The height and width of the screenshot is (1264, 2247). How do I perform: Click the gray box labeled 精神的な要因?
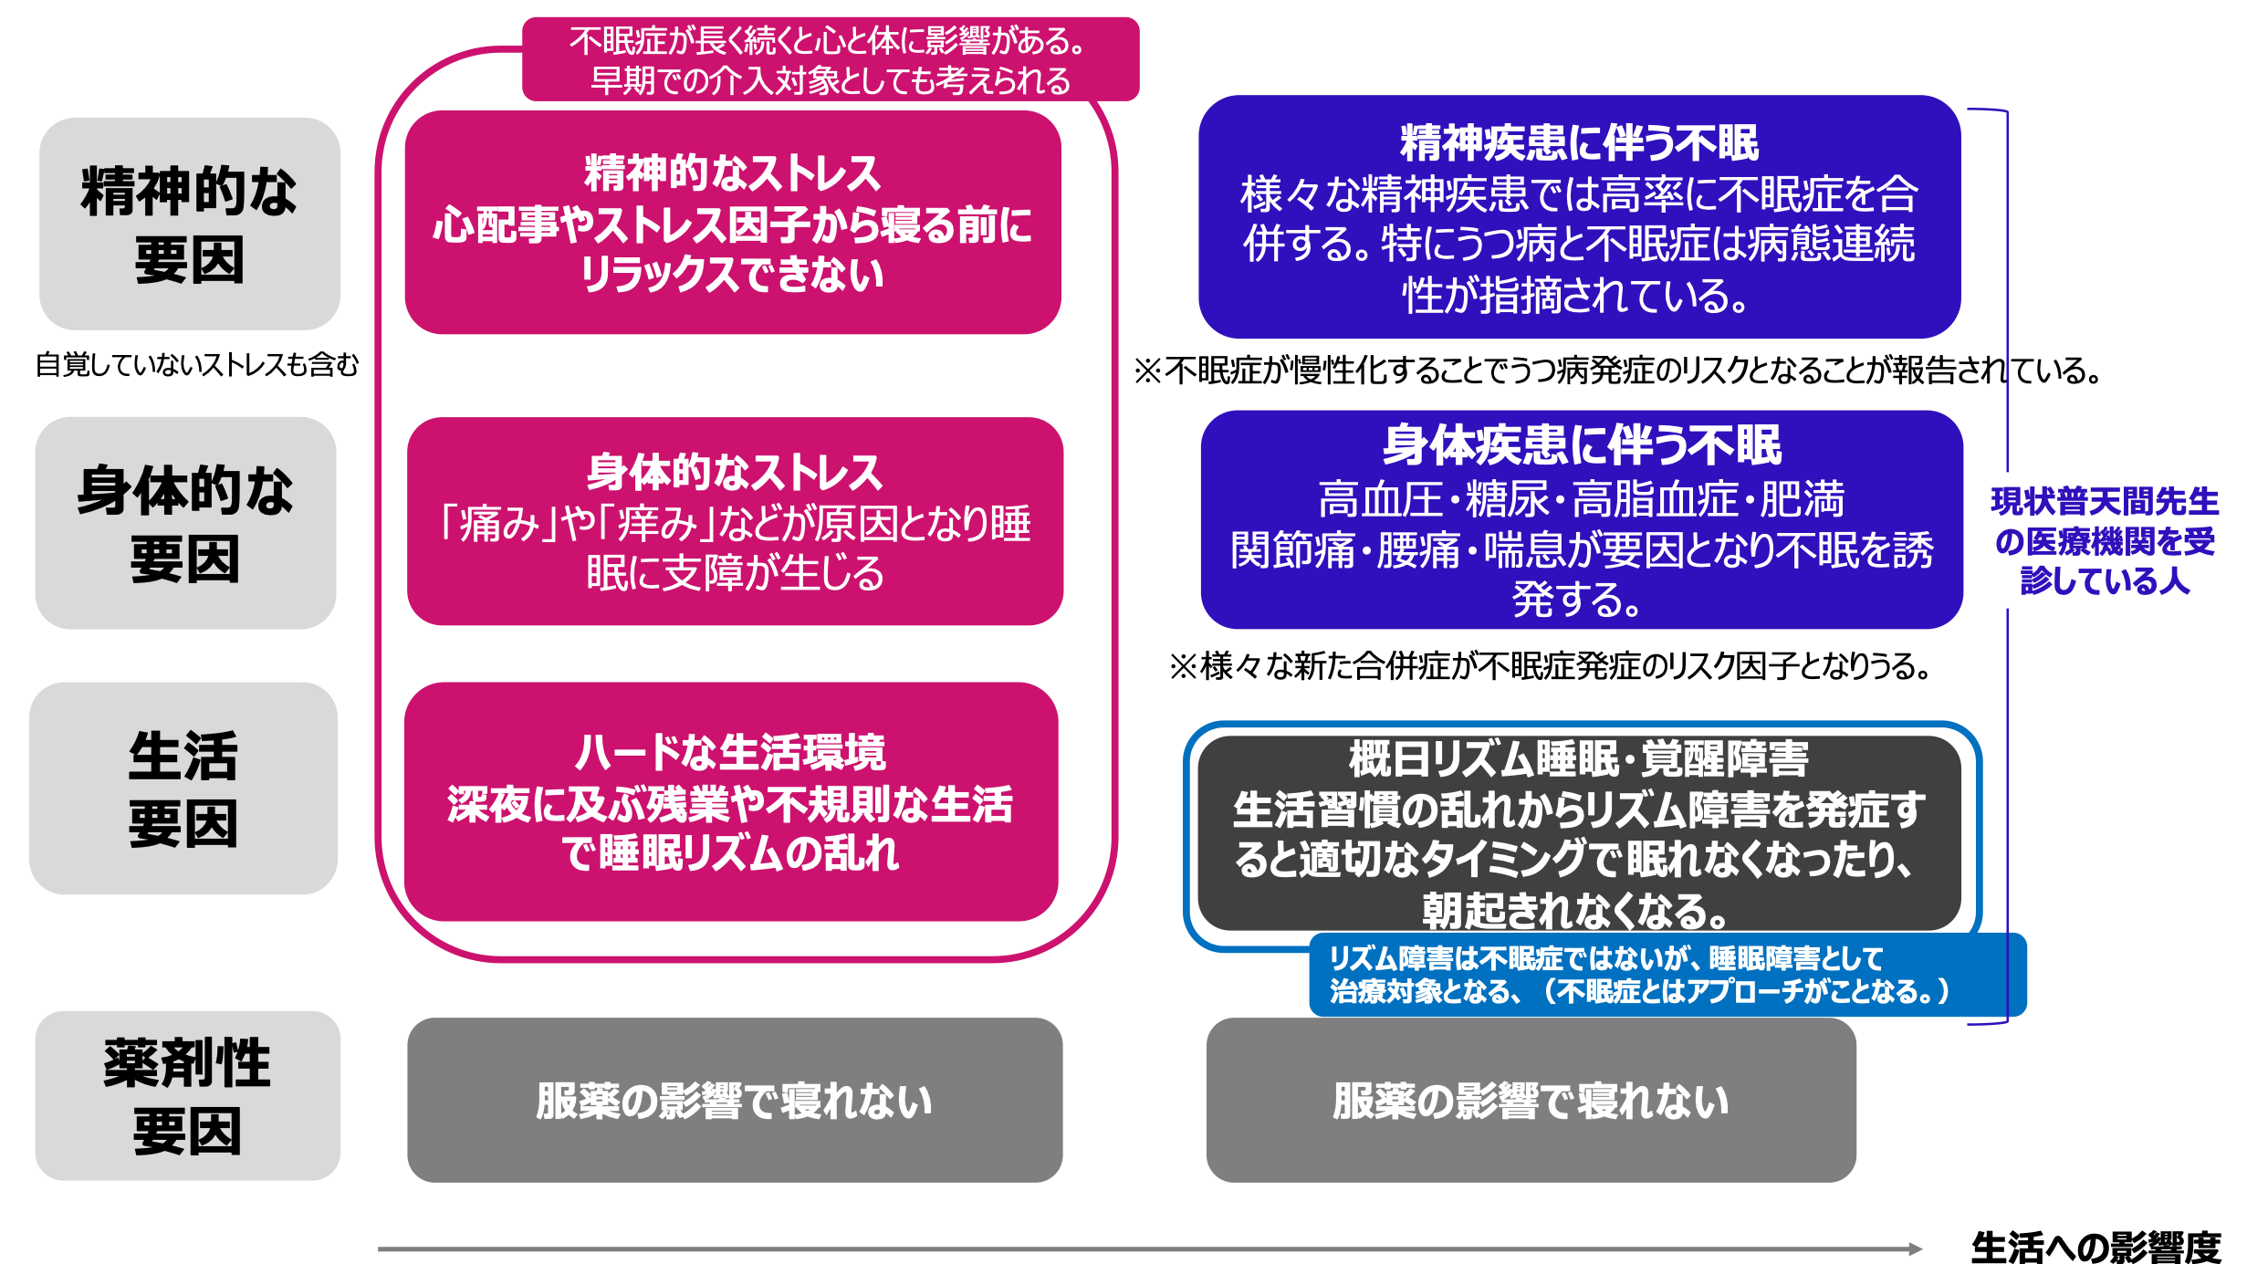click(x=189, y=224)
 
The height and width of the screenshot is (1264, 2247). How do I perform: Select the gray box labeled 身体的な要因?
click(x=185, y=523)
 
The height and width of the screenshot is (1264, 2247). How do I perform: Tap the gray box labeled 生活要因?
click(x=183, y=789)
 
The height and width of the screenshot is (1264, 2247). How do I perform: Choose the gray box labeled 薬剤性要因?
click(x=187, y=1095)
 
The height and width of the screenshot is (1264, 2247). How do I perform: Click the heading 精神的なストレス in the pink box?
click(x=732, y=173)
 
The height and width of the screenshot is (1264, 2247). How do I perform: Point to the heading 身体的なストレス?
click(x=734, y=473)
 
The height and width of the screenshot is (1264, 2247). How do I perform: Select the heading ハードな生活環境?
click(x=730, y=753)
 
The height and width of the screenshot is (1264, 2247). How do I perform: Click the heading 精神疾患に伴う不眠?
click(x=1579, y=143)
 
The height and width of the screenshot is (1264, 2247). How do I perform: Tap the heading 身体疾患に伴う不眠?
click(x=1581, y=445)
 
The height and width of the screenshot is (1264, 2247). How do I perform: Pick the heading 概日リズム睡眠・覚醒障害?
click(x=1579, y=758)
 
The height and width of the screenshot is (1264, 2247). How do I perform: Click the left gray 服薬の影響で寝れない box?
click(x=734, y=1101)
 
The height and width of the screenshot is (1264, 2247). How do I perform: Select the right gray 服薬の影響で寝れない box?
click(x=1531, y=1101)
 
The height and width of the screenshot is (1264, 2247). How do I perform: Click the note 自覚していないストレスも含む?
click(x=197, y=365)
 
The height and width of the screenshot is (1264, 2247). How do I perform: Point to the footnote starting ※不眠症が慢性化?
click(x=1615, y=371)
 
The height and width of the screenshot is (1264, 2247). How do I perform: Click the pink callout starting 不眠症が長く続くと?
click(x=830, y=60)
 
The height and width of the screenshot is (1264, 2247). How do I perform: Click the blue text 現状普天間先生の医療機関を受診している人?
click(x=2105, y=541)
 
